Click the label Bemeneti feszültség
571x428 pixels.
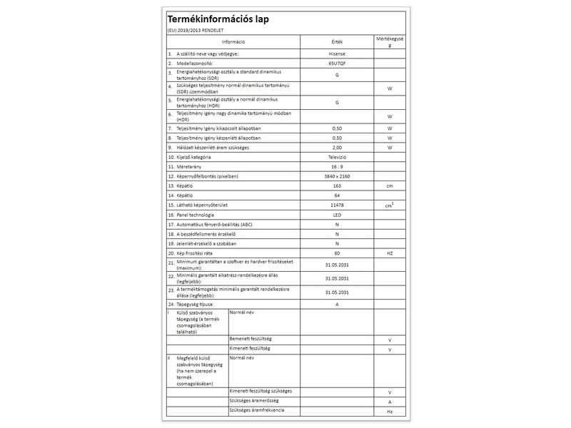[x=251, y=338]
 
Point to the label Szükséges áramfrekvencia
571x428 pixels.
[x=257, y=412]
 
